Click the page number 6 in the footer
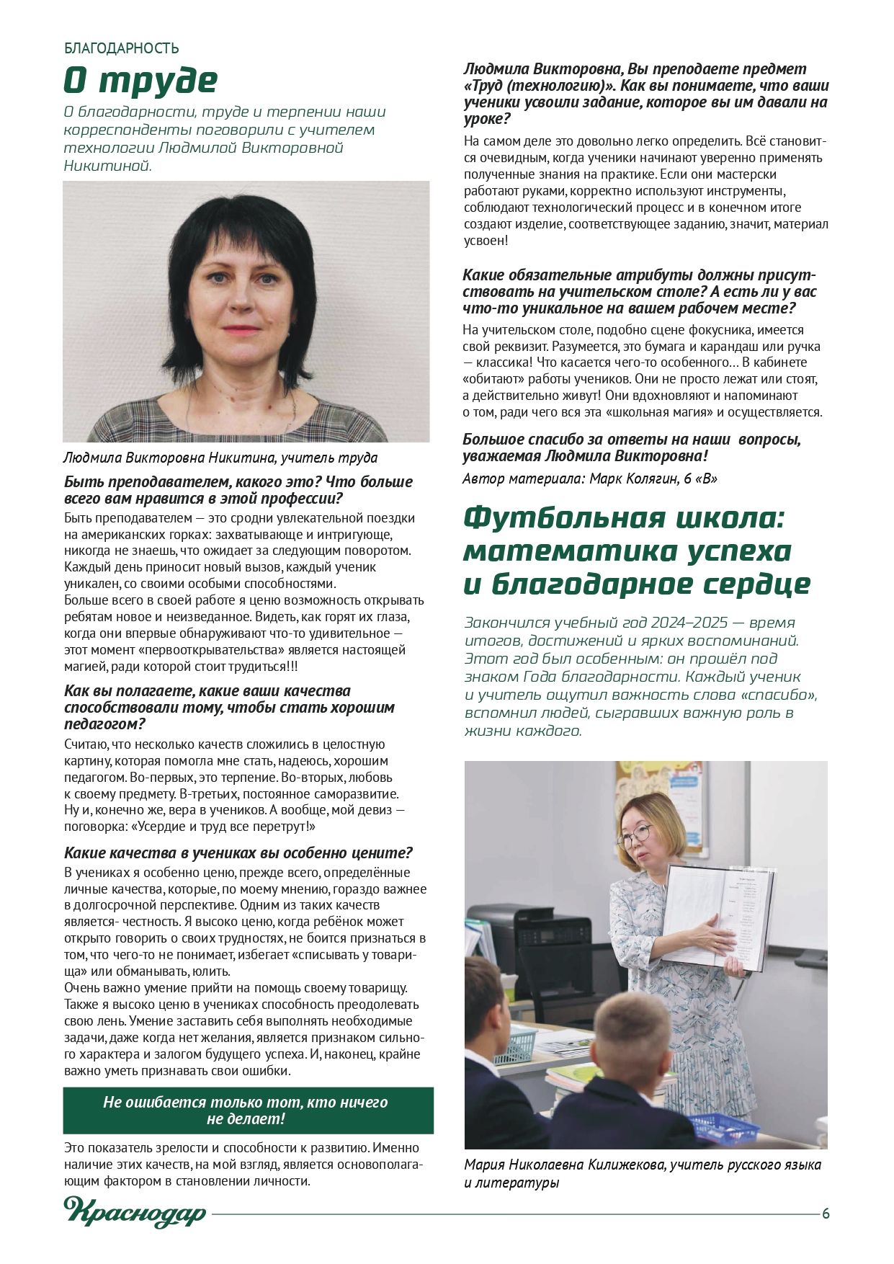826,1214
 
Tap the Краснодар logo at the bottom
135,1212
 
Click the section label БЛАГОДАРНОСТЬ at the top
122,48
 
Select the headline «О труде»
140,81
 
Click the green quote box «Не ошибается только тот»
248,1111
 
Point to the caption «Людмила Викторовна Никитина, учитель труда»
220,458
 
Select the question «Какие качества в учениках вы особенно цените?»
238,853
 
